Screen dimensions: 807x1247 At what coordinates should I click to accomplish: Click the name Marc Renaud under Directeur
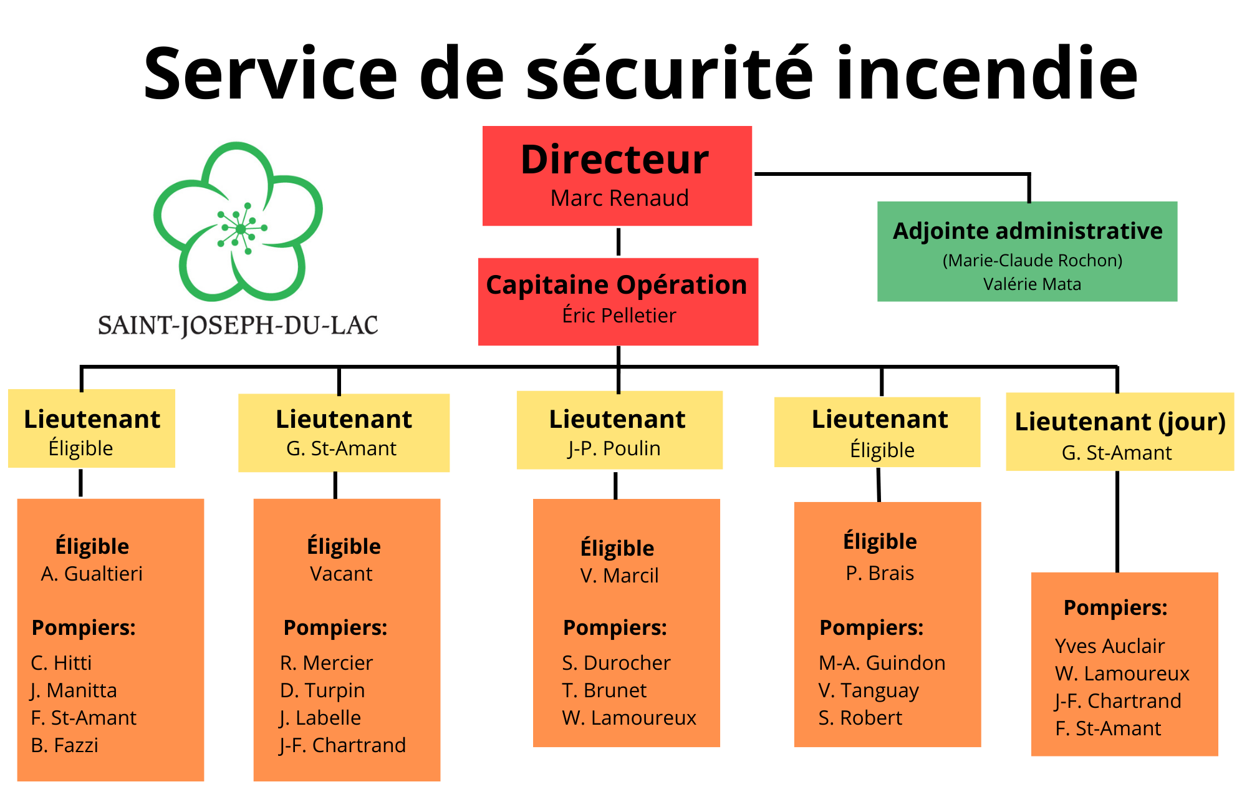coord(619,198)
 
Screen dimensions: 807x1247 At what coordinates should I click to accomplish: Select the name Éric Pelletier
coord(619,316)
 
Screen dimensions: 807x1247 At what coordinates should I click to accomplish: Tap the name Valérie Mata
coord(1032,284)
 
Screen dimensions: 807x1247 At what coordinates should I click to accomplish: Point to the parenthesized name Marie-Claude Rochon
coord(1032,260)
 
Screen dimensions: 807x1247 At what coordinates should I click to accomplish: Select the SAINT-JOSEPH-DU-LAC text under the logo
coord(238,326)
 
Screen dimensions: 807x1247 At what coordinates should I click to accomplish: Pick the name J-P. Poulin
coord(614,448)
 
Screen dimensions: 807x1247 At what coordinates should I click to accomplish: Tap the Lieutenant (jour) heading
coord(1120,422)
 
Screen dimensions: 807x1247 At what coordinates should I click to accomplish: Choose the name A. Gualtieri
coord(92,574)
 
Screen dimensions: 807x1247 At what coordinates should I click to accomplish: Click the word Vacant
coord(341,574)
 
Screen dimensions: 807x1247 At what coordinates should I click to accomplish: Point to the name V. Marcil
coord(619,576)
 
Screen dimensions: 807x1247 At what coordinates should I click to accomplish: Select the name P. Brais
coord(880,573)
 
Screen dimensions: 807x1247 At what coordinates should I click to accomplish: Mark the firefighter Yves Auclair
coord(1109,646)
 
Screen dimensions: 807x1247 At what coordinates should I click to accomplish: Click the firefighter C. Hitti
coord(61,663)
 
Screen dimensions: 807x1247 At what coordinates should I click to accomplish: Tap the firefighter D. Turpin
coord(322,690)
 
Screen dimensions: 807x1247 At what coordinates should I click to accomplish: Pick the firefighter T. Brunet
coord(604,690)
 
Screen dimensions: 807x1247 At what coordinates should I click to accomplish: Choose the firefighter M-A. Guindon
coord(882,663)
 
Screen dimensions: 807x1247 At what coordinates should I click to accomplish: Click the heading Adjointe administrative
coord(1028,231)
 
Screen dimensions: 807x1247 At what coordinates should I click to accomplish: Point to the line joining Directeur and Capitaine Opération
coord(619,242)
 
